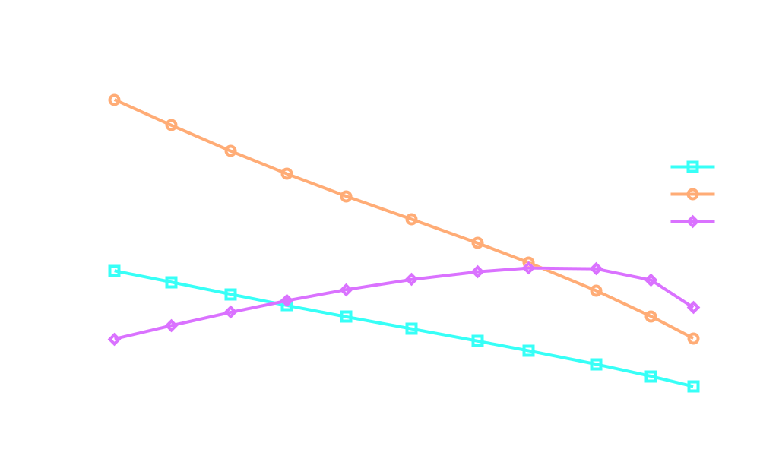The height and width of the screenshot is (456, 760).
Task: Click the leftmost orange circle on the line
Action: [x=115, y=100]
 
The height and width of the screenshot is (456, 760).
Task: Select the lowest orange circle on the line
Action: [x=693, y=338]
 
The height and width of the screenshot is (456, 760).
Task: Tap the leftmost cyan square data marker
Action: [x=115, y=271]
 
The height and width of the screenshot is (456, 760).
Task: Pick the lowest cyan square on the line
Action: [x=693, y=386]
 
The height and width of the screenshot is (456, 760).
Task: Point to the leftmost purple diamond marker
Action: [x=115, y=339]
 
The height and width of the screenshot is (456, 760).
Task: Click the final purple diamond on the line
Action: [x=693, y=307]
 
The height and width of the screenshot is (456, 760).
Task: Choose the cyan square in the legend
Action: [x=692, y=167]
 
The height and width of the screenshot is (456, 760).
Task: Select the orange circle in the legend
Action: [x=692, y=195]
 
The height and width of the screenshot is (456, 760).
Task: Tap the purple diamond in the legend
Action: [x=692, y=222]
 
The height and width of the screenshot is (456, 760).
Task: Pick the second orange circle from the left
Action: [x=172, y=125]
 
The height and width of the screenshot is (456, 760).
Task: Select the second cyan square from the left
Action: [x=172, y=282]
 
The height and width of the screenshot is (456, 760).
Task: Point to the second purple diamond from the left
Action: [x=172, y=325]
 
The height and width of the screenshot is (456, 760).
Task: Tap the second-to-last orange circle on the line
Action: [x=651, y=316]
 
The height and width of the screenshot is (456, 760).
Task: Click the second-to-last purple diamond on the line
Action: [x=651, y=280]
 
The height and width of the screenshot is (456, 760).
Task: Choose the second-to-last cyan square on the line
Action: [x=651, y=376]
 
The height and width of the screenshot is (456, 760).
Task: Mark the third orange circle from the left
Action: [x=231, y=150]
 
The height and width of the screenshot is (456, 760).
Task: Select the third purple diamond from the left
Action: [x=231, y=312]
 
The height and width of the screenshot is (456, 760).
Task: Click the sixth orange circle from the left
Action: [x=412, y=219]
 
